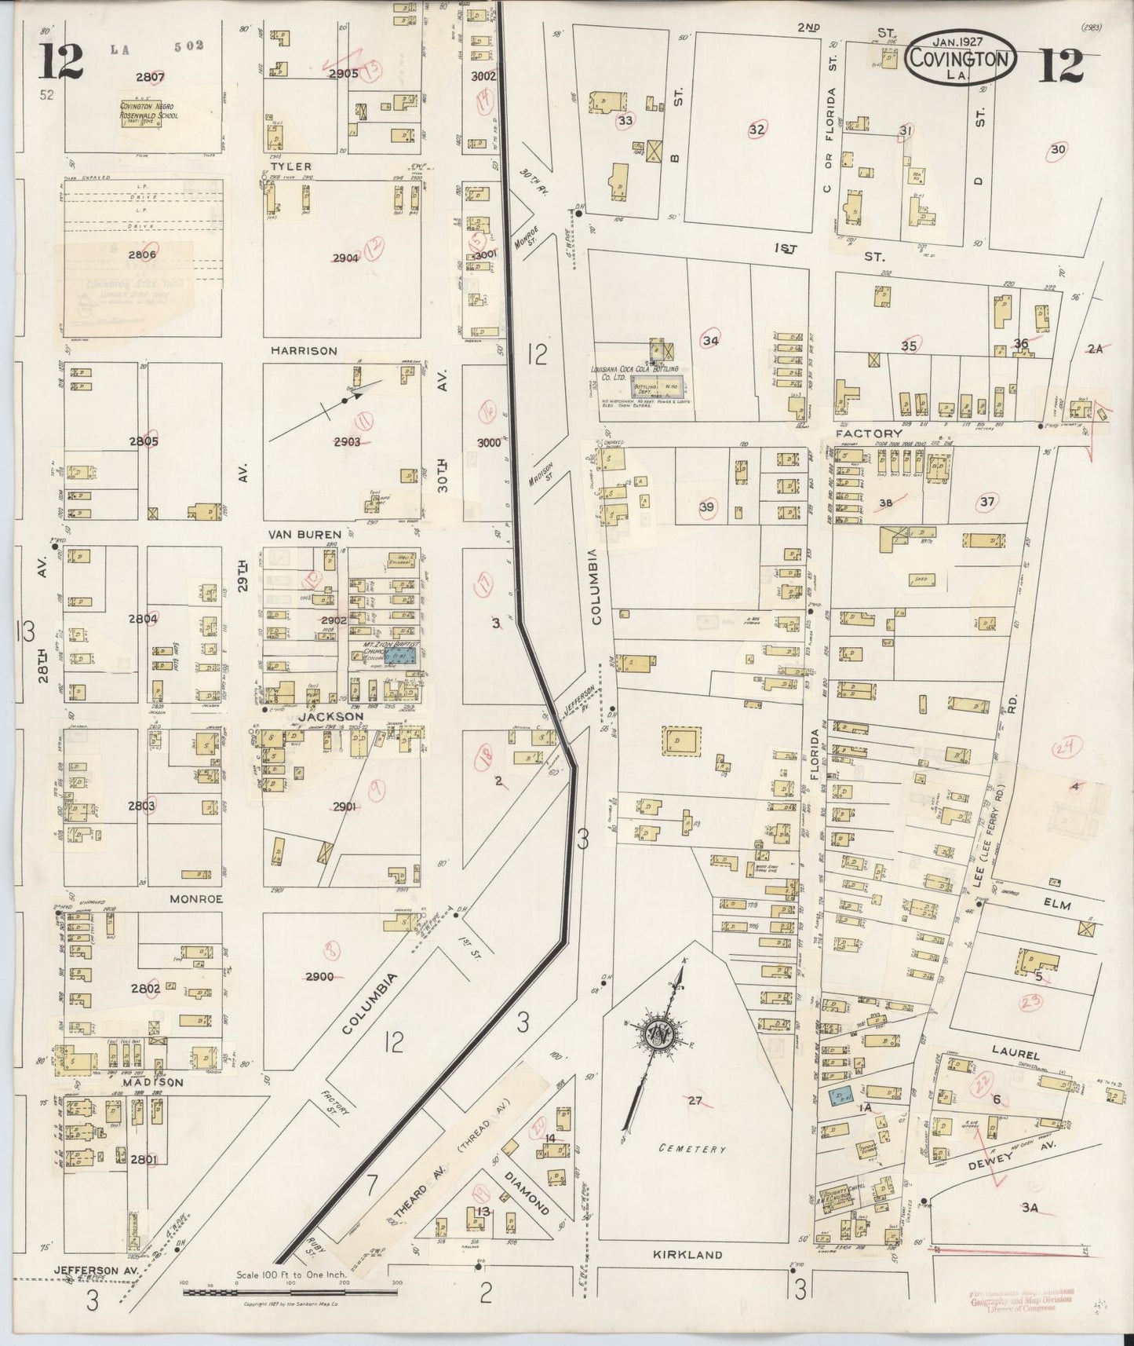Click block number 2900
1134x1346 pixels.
point(320,976)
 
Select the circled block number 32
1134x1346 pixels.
point(756,130)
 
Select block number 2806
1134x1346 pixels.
point(144,254)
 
